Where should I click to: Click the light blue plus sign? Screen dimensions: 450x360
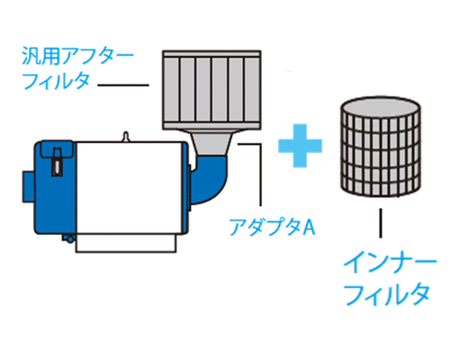(x=300, y=146)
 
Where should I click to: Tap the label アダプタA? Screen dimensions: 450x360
(x=272, y=227)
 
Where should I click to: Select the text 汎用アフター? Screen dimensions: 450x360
(x=77, y=56)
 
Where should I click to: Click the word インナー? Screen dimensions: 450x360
(x=390, y=262)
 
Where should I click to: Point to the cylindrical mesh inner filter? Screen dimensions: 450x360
(x=381, y=147)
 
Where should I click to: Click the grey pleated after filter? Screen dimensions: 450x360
(x=211, y=90)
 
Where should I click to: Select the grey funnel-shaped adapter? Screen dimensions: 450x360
(x=212, y=143)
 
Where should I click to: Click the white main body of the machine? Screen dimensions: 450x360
(x=130, y=188)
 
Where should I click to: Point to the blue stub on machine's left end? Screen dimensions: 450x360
(x=29, y=186)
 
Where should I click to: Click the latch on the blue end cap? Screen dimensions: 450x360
(x=57, y=162)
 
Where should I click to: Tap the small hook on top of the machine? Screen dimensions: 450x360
(x=126, y=137)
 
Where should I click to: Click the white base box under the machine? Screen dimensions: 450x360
(x=126, y=243)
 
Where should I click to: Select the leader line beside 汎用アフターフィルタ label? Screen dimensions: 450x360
(x=123, y=85)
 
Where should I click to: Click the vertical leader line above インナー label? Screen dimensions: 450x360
(x=381, y=223)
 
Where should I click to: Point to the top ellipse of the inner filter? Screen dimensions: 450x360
(x=381, y=107)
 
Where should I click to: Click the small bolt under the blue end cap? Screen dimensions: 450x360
(x=69, y=238)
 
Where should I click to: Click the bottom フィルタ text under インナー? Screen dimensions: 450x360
(x=387, y=294)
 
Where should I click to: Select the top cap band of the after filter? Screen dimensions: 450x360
(x=211, y=54)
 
